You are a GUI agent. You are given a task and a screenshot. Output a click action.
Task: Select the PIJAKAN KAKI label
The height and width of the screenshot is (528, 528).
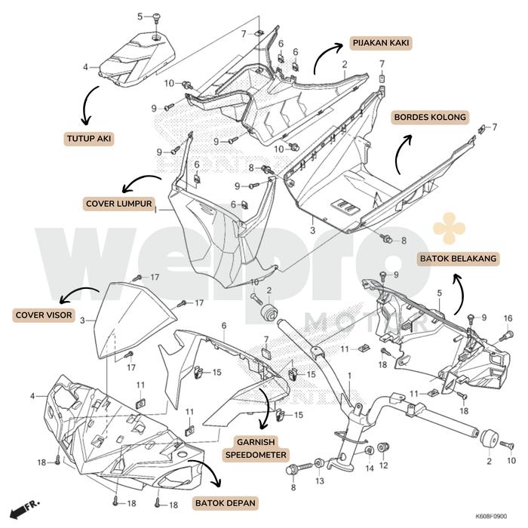381,42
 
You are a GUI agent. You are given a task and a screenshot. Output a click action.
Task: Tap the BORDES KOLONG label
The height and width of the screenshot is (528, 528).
429,117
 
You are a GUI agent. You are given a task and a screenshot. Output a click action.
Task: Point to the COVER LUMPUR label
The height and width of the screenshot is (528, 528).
119,204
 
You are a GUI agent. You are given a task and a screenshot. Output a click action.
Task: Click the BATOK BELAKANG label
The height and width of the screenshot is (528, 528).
457,259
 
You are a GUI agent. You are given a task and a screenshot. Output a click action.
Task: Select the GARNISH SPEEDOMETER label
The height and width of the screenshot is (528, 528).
255,448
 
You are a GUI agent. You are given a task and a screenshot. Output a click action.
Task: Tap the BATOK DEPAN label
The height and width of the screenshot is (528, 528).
226,502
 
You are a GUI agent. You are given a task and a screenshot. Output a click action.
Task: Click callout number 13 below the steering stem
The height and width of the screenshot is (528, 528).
319,481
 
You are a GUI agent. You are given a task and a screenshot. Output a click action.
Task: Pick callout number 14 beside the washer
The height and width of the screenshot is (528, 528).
369,468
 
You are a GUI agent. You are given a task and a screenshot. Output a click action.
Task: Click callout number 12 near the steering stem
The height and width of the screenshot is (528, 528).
384,465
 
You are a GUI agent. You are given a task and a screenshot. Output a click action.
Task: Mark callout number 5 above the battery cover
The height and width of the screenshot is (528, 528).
140,16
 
